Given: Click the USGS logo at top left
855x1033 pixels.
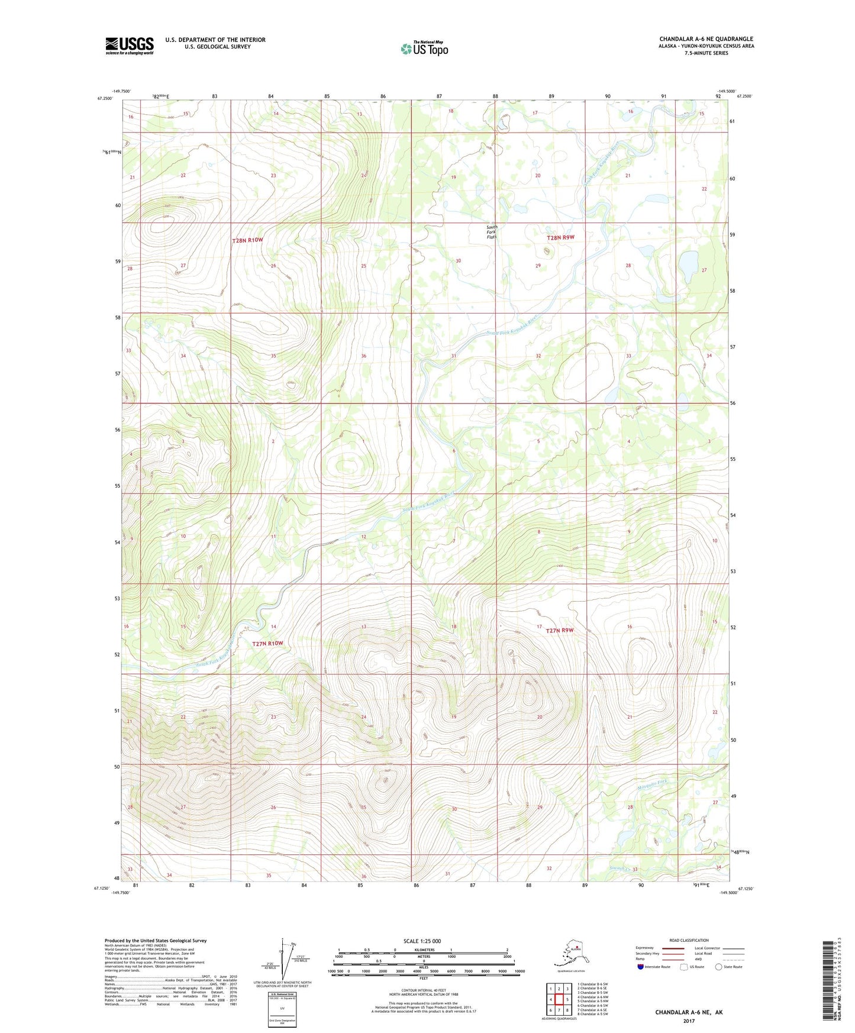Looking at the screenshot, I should (130, 46).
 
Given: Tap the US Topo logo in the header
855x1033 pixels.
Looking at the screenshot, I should (424, 48).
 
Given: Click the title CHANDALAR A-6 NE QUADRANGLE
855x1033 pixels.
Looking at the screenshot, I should (706, 39).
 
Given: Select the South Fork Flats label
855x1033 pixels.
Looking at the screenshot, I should (492, 232).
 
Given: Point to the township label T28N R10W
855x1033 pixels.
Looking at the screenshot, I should (247, 241).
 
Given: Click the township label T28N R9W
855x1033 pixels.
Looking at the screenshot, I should (560, 238).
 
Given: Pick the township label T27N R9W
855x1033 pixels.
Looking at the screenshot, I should (559, 631).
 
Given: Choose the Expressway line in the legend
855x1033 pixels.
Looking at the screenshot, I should (672, 948).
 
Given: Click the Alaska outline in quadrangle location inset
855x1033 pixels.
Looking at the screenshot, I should (569, 953).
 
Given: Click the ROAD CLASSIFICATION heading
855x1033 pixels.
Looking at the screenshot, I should (689, 940).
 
